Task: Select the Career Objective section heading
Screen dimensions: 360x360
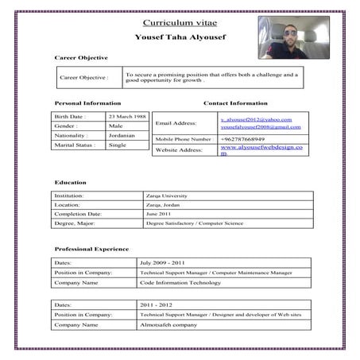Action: [x=81, y=58]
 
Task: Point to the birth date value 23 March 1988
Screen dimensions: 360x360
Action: [x=127, y=116]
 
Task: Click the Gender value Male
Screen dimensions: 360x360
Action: [x=116, y=126]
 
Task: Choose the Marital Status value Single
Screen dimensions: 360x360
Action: [x=118, y=145]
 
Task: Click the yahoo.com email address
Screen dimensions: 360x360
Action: [x=256, y=119]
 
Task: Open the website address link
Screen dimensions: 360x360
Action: [x=261, y=149]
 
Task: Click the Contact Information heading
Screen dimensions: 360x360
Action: [x=235, y=103]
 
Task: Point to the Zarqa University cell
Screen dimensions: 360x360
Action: [x=165, y=195]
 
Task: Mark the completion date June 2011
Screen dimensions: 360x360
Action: [x=158, y=215]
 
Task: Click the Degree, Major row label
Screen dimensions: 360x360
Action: [x=75, y=224]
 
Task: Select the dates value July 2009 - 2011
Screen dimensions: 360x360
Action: [x=163, y=262]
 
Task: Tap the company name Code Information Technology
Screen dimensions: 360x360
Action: [x=180, y=282]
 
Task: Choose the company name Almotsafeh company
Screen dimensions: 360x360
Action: [x=168, y=325]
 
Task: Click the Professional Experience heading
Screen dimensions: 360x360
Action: [x=92, y=249]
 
